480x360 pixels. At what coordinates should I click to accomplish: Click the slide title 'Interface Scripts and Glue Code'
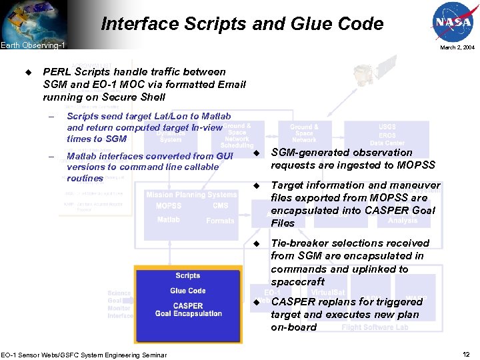[242, 25]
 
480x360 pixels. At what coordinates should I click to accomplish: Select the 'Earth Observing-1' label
[33, 45]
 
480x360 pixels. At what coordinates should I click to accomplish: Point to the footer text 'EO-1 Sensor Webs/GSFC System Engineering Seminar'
[83, 355]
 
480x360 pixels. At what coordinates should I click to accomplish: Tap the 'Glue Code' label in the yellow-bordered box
[187, 291]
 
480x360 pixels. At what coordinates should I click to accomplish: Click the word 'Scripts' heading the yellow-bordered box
[187, 275]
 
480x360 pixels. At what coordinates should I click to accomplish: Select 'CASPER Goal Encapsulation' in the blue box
[188, 309]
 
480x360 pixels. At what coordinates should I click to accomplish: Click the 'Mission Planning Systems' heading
[191, 195]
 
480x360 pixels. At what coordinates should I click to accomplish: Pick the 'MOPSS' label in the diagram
[169, 206]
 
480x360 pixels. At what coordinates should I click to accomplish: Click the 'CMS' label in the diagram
[220, 206]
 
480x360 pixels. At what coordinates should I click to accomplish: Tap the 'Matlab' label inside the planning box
[168, 219]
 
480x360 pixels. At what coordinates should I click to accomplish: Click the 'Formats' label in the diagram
[220, 221]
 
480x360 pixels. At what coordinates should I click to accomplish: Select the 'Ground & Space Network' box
[303, 133]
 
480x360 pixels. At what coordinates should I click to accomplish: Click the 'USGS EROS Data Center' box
[387, 135]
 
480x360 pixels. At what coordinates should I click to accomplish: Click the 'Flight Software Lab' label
[375, 327]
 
